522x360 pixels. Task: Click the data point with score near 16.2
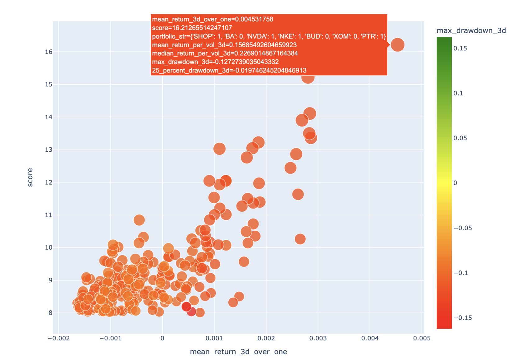[397, 45]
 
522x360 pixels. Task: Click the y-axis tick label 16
[48, 52]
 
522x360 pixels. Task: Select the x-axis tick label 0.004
[370, 338]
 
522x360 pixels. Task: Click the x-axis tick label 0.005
[422, 338]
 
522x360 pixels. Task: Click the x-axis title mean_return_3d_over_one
[238, 352]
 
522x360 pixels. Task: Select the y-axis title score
[30, 177]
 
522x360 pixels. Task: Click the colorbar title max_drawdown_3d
[471, 30]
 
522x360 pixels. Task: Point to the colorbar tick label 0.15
[460, 48]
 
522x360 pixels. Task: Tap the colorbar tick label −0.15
[463, 318]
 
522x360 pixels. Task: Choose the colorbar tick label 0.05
[460, 138]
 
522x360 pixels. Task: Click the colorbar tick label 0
[455, 183]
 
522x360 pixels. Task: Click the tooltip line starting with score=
[192, 28]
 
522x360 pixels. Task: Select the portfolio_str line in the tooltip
[269, 36]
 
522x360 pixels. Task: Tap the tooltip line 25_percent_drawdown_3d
[229, 71]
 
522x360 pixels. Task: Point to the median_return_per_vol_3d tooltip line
[225, 53]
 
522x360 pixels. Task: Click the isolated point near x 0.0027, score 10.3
[300, 239]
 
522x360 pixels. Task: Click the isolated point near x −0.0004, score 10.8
[139, 220]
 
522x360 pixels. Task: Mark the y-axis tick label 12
[48, 182]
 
